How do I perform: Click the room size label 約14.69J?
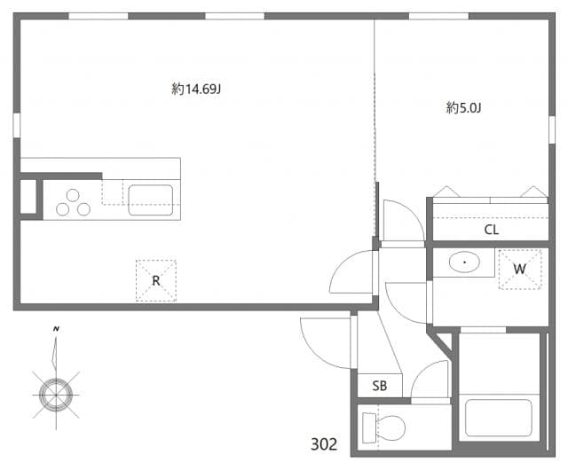click(x=196, y=89)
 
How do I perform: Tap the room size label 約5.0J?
click(x=463, y=108)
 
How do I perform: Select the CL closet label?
click(x=492, y=230)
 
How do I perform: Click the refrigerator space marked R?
click(x=155, y=281)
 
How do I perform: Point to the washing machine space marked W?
click(x=519, y=269)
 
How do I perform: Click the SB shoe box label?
click(x=379, y=386)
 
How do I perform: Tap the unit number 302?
click(x=324, y=444)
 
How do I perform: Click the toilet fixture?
click(x=383, y=427)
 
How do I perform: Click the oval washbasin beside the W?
click(x=464, y=263)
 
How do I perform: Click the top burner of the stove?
click(x=70, y=195)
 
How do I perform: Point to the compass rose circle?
click(x=55, y=390)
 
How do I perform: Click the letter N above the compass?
click(x=56, y=329)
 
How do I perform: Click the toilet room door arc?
click(x=430, y=380)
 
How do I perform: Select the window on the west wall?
click(x=16, y=124)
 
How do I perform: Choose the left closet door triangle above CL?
click(x=446, y=192)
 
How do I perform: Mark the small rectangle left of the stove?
click(x=28, y=196)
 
